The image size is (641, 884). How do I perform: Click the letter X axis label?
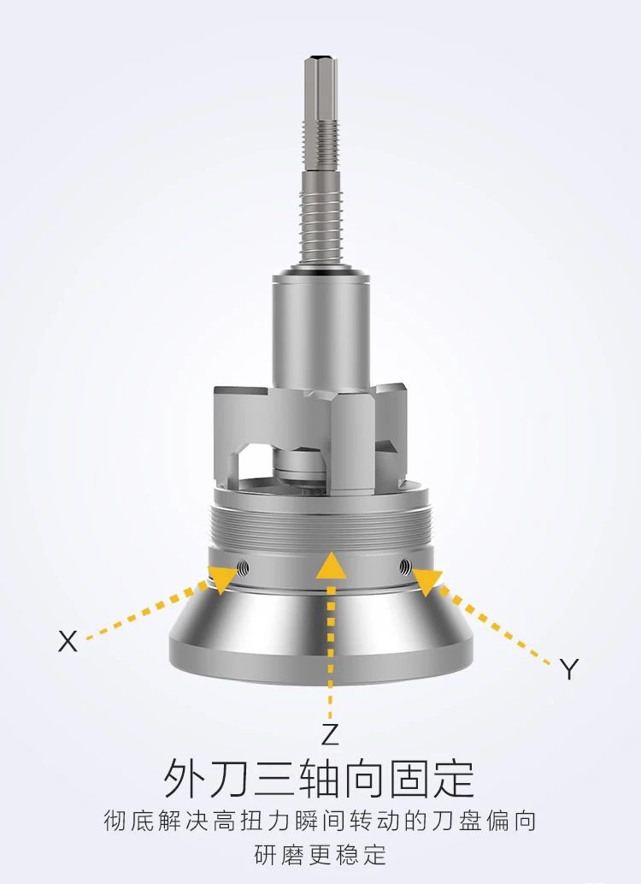[68, 641]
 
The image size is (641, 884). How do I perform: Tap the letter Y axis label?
[569, 669]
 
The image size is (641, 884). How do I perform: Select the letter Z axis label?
[330, 734]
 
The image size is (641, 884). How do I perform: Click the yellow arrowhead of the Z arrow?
[332, 566]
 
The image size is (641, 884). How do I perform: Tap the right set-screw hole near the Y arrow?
[405, 567]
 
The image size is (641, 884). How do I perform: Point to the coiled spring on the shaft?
[321, 226]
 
